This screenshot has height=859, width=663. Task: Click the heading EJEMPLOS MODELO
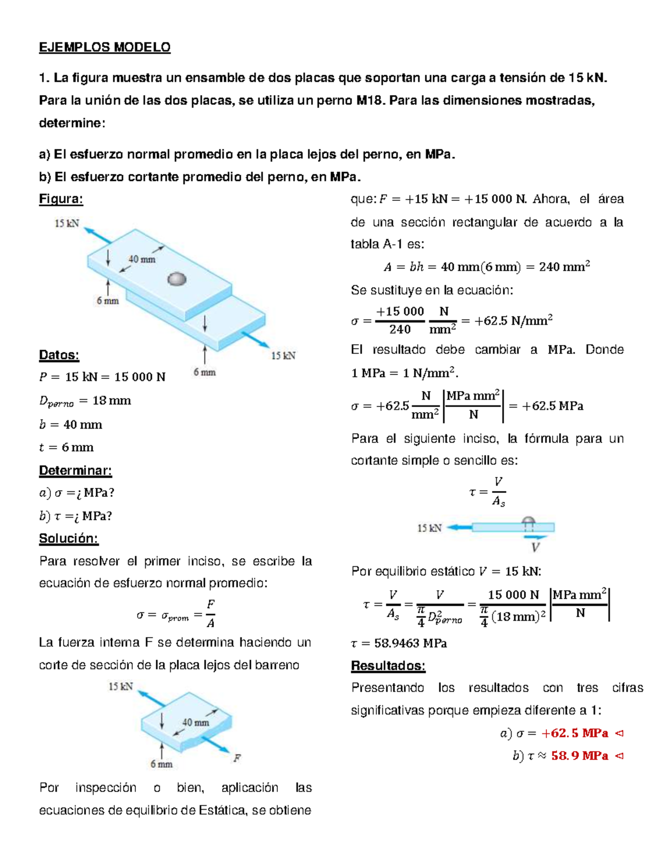click(104, 48)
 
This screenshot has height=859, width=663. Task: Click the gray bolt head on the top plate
click(177, 279)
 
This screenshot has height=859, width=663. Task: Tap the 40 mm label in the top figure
click(142, 259)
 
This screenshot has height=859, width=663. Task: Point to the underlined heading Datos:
click(59, 355)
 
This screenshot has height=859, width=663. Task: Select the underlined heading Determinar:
click(75, 471)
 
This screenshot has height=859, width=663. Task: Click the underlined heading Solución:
click(69, 538)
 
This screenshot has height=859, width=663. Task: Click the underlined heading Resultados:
click(388, 665)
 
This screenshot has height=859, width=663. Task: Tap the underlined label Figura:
click(61, 199)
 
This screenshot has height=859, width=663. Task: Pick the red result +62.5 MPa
click(575, 733)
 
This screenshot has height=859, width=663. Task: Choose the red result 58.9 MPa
click(580, 756)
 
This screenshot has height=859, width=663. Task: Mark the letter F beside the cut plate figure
click(236, 758)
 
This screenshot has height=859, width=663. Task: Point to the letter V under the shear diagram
click(535, 548)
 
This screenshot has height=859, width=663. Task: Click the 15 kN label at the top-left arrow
click(67, 223)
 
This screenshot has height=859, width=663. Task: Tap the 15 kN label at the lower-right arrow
click(283, 356)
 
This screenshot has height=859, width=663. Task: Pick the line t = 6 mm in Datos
click(66, 447)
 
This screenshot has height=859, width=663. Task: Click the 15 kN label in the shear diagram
click(429, 528)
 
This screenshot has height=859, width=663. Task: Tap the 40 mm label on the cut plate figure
click(196, 722)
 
